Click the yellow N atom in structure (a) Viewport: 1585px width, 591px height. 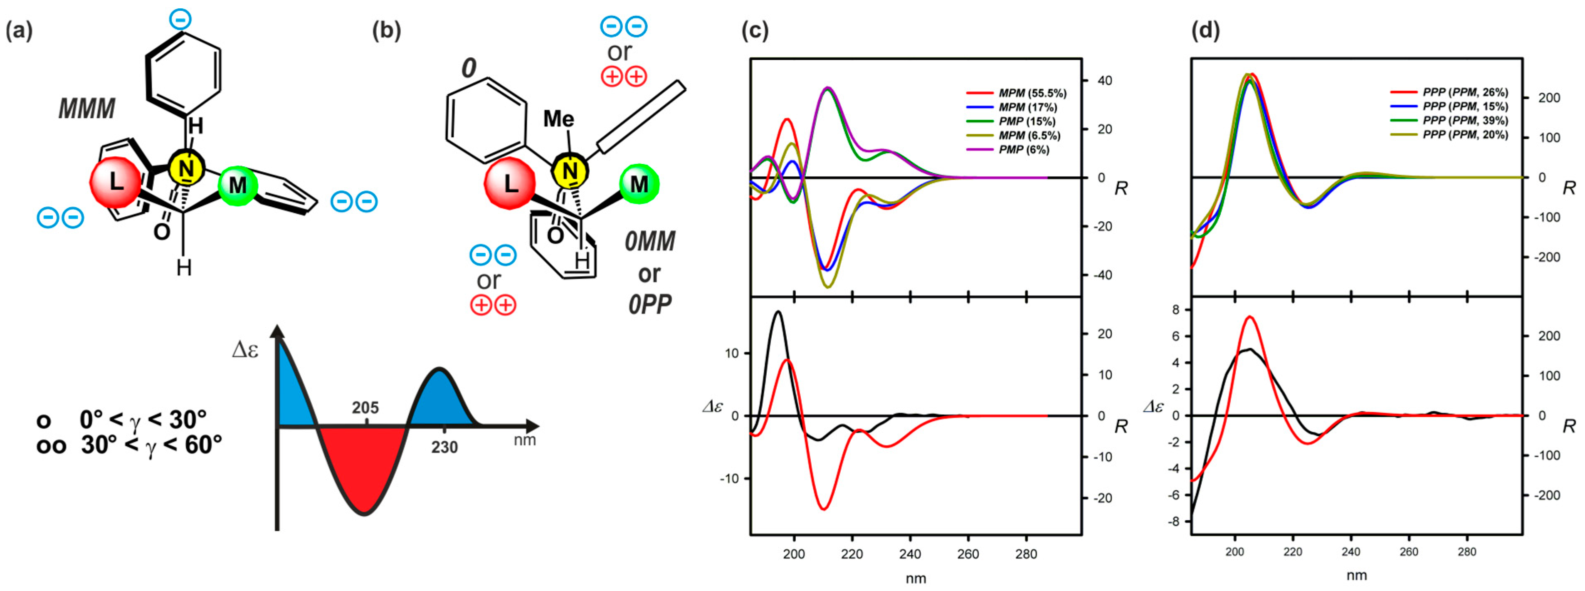coord(186,168)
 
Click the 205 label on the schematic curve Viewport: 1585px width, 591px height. coord(365,408)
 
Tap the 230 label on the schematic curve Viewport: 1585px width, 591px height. coord(444,447)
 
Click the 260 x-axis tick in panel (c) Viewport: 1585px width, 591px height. coord(968,554)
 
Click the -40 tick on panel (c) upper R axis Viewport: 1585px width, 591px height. coord(1105,275)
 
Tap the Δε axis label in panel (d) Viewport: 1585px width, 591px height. coord(1153,406)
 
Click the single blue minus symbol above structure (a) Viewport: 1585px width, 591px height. coord(180,20)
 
